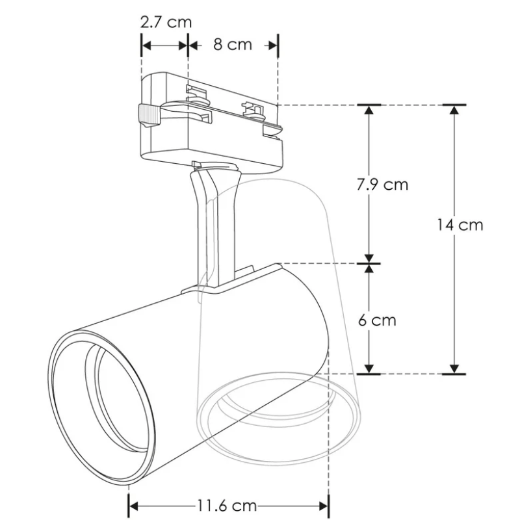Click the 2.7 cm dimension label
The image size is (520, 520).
pos(166,22)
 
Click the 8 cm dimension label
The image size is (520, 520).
pos(231,45)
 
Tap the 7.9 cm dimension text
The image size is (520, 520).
pos(382,184)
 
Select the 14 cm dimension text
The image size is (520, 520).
pos(460,225)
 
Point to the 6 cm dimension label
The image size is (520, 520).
pos(376,320)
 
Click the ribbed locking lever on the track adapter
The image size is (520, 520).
pos(148,114)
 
